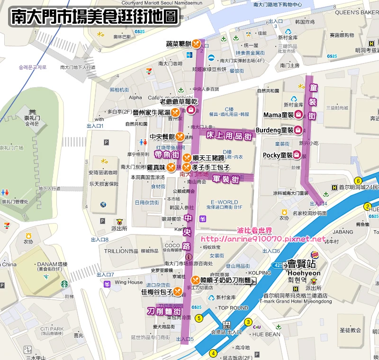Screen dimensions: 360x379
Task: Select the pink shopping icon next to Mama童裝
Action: click(298, 114)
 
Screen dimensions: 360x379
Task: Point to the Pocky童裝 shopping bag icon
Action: click(296, 155)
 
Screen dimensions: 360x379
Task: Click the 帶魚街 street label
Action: click(167, 155)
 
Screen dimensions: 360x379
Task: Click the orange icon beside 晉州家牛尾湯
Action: click(175, 112)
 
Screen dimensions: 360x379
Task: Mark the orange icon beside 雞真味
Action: click(171, 167)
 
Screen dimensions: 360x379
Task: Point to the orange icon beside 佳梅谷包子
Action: click(177, 291)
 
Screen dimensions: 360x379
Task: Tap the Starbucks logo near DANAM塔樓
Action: click(64, 284)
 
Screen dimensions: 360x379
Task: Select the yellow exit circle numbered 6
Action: click(358, 180)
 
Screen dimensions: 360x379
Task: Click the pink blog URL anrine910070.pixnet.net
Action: click(264, 239)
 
